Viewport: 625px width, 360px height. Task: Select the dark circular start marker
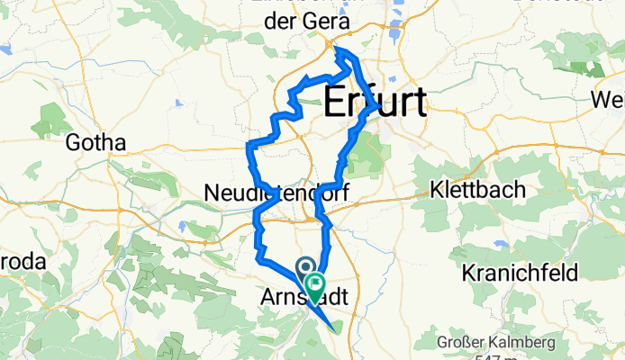[304, 267]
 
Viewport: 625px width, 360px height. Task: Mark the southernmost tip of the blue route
[334, 328]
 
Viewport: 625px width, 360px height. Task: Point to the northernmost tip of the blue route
[341, 51]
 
